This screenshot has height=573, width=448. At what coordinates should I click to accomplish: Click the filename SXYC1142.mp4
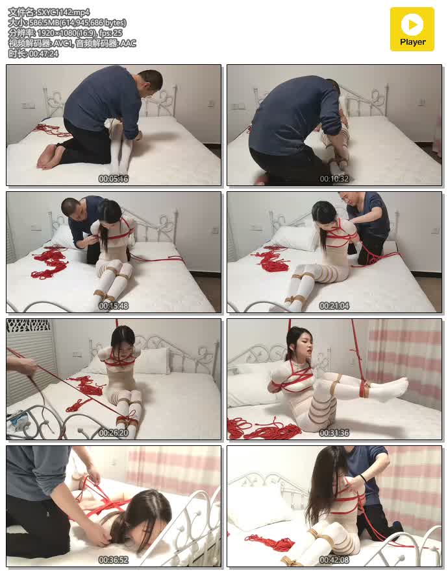click(64, 12)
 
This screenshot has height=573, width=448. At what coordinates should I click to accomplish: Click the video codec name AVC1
click(63, 43)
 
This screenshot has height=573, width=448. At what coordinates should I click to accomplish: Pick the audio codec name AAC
click(128, 43)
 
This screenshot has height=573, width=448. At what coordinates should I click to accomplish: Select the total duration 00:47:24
click(44, 53)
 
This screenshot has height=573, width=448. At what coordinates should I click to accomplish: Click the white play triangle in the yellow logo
click(412, 25)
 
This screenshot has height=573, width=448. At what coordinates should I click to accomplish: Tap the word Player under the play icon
click(412, 42)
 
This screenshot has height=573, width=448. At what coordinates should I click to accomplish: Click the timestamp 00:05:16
click(114, 179)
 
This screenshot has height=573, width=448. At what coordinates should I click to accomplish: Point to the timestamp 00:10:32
click(334, 179)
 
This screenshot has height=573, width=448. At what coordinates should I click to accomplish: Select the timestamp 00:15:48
click(114, 305)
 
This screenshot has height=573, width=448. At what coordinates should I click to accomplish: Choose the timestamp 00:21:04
click(334, 305)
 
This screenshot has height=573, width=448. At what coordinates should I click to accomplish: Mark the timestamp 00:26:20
click(114, 433)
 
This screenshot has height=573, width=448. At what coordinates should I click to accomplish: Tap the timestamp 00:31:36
click(334, 433)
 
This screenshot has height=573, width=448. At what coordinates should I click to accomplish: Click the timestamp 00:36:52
click(114, 559)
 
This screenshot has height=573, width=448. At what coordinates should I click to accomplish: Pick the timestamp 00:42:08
click(334, 559)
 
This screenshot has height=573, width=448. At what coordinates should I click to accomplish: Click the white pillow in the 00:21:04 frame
click(293, 237)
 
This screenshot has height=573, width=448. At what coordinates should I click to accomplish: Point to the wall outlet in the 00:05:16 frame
click(28, 106)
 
